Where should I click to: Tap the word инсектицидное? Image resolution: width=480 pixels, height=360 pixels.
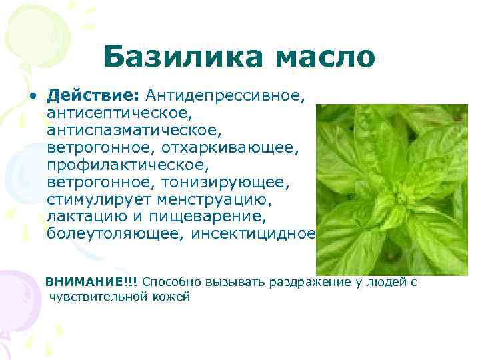pos(253,234)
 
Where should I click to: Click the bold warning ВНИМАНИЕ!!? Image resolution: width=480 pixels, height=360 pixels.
pos(91,281)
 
